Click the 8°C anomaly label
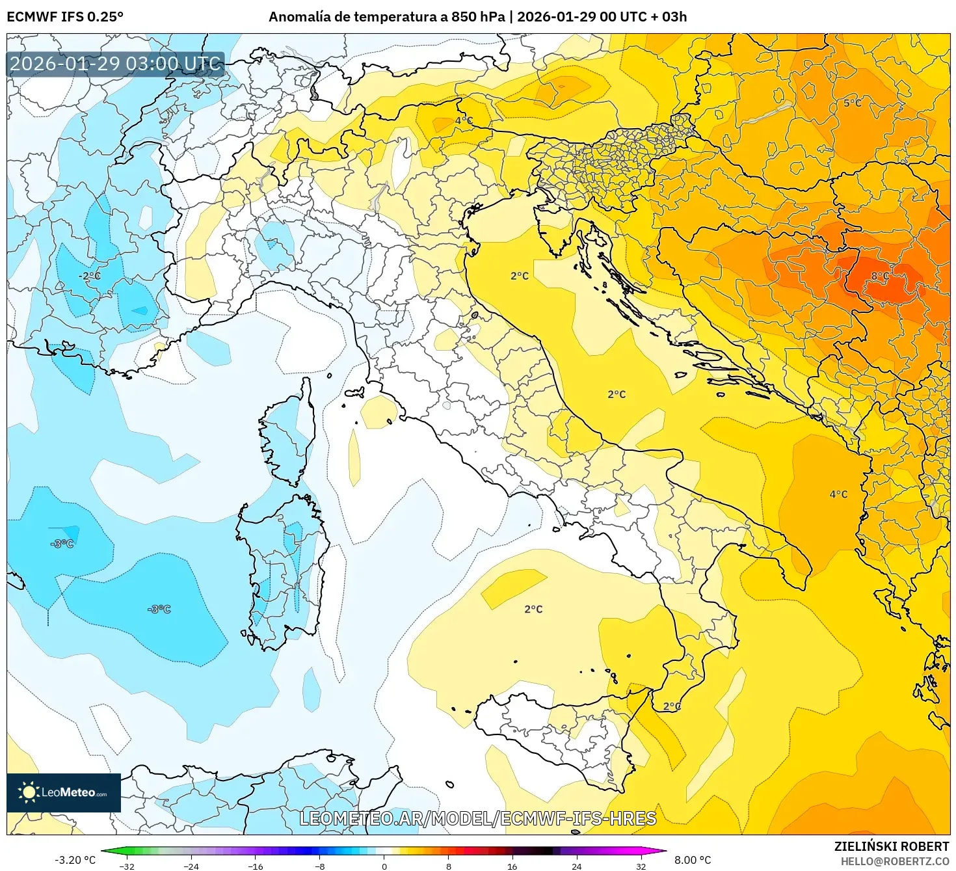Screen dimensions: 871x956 879,276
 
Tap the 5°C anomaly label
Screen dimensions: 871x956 852,103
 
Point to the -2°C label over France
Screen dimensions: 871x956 90,276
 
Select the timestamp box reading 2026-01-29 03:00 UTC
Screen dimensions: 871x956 115,64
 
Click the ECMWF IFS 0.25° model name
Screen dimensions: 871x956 65,17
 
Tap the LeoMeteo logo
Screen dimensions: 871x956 64,792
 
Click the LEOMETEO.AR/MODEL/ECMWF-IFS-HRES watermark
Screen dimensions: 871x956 478,818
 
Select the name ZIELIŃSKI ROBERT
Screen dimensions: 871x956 892,846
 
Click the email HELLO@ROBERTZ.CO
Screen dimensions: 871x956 895,861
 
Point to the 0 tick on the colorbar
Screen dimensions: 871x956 384,866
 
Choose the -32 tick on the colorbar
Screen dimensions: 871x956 127,866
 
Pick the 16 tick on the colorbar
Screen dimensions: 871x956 512,866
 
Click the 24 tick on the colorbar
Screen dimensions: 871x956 576,866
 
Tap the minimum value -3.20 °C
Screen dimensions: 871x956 75,860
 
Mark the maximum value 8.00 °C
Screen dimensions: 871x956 693,860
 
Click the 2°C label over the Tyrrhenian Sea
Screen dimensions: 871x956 533,609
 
